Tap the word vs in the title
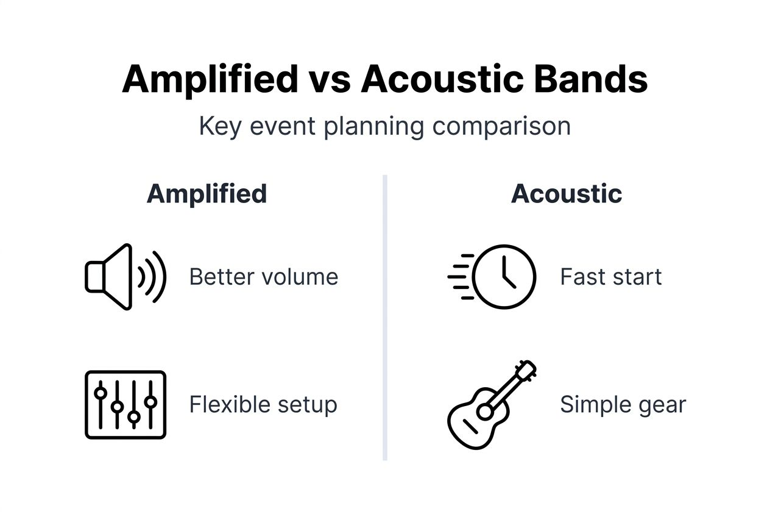329,79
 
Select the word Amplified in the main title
210,79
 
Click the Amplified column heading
207,194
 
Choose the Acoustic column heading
567,194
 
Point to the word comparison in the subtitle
501,126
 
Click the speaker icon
124,277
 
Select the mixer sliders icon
125,405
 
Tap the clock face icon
504,277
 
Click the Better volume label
263,277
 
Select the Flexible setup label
263,405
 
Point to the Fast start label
610,277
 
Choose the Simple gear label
623,405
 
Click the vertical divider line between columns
385,317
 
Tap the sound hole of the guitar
485,412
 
